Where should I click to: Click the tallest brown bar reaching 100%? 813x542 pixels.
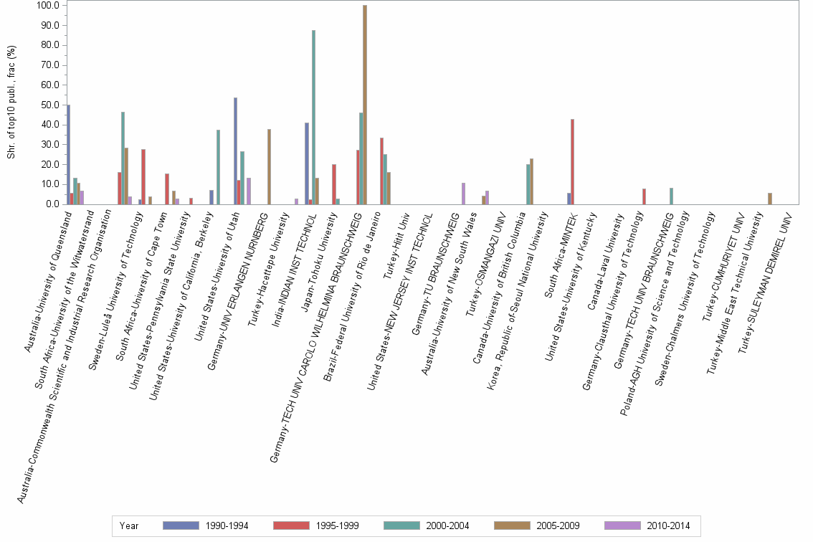click(365, 105)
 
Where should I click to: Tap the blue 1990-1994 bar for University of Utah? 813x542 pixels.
click(235, 151)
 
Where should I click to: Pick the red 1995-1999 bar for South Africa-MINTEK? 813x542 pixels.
click(572, 161)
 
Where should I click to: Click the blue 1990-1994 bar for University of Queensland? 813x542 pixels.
click(68, 154)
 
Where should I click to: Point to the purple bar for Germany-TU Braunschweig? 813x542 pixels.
click(463, 194)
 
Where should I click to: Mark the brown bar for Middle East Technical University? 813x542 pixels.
click(770, 199)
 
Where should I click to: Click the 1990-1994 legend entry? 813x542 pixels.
click(206, 526)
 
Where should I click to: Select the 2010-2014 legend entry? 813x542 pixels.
click(647, 526)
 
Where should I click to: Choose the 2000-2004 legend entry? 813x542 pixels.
click(427, 526)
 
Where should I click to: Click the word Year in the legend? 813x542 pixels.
click(130, 526)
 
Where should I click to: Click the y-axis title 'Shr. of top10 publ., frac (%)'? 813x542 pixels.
click(11, 102)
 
